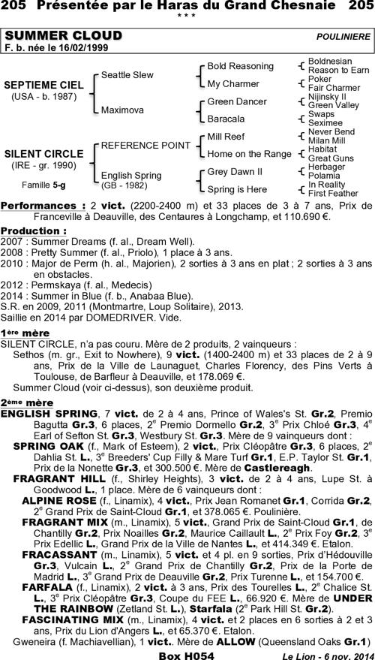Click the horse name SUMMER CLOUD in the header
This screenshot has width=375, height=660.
(x=64, y=36)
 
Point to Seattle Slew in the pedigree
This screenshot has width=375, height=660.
(x=127, y=75)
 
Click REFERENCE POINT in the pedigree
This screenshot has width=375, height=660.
(x=145, y=144)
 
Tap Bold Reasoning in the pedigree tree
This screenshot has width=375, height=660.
(x=240, y=66)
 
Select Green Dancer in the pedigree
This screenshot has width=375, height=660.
(x=236, y=101)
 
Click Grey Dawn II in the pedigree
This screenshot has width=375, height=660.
(x=235, y=172)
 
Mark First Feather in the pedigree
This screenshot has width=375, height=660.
(x=333, y=193)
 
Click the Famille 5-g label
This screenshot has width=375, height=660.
(x=41, y=184)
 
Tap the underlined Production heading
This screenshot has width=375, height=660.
(x=34, y=231)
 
